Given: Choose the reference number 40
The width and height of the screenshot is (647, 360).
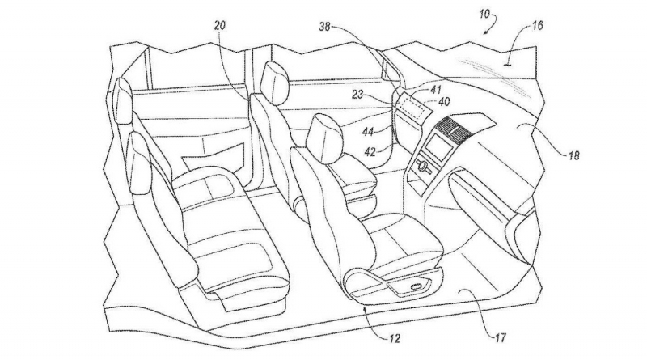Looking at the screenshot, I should pyautogui.click(x=443, y=102).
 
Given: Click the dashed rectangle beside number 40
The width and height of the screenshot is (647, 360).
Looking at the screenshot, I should pyautogui.click(x=412, y=106).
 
